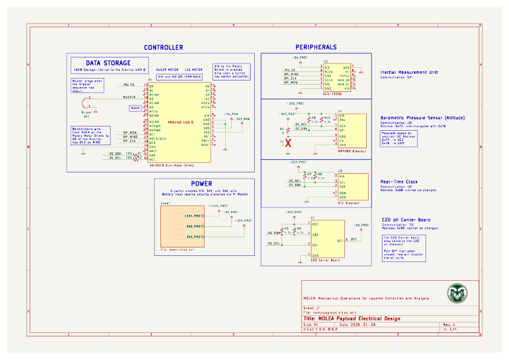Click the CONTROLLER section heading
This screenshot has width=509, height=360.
pos(163,47)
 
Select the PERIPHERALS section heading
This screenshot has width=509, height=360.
pos(316,47)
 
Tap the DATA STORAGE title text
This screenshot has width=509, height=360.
pos(108,63)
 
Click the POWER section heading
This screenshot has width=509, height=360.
pos(202,183)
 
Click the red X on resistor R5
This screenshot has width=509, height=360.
pos(289,143)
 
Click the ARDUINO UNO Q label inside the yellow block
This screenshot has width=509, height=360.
pos(180,122)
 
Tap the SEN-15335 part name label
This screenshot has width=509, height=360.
pos(325,94)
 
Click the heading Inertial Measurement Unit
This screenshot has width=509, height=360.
pos(409,72)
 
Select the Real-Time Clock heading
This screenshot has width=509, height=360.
pos(398,182)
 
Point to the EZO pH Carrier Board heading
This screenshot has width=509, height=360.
pos(406,219)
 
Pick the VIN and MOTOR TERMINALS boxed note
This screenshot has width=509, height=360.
pos(179,77)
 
